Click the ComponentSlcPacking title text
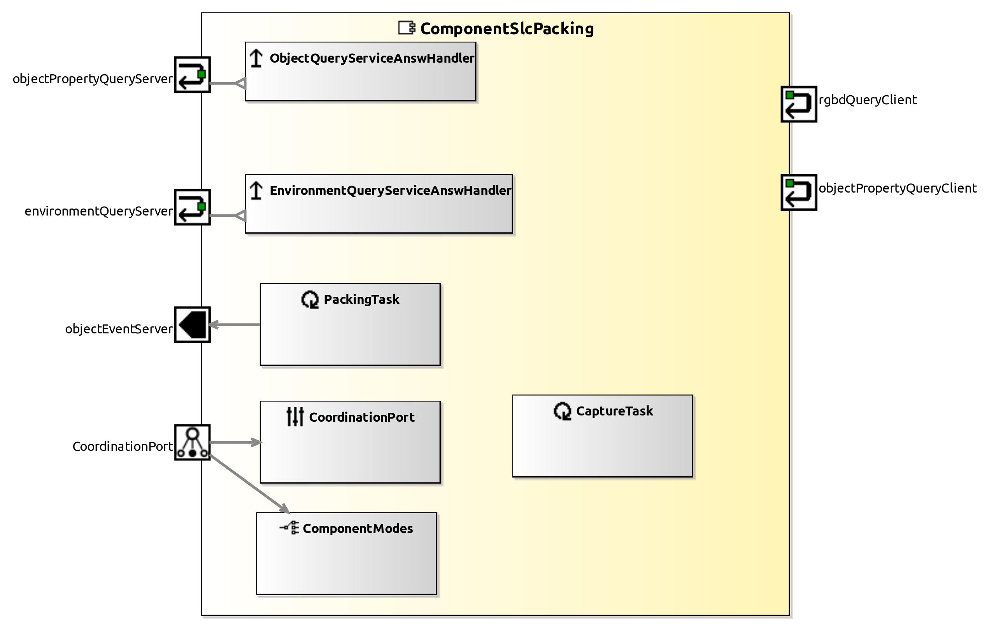(507, 29)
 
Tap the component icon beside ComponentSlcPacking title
(407, 28)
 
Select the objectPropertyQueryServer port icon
(192, 75)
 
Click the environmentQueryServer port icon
(192, 207)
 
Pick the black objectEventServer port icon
(192, 324)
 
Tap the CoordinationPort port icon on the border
(192, 442)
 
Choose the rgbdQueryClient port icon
(798, 104)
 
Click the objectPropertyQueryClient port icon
(798, 192)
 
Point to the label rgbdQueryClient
(868, 100)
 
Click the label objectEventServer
(119, 329)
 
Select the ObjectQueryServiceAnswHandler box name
(372, 58)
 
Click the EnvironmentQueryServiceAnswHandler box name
(390, 191)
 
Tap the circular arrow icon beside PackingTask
(310, 300)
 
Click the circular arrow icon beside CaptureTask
(562, 411)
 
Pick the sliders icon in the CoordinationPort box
(295, 417)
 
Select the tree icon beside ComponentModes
(289, 528)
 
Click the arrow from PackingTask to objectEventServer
(234, 324)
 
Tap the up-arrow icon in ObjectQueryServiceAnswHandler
(256, 58)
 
